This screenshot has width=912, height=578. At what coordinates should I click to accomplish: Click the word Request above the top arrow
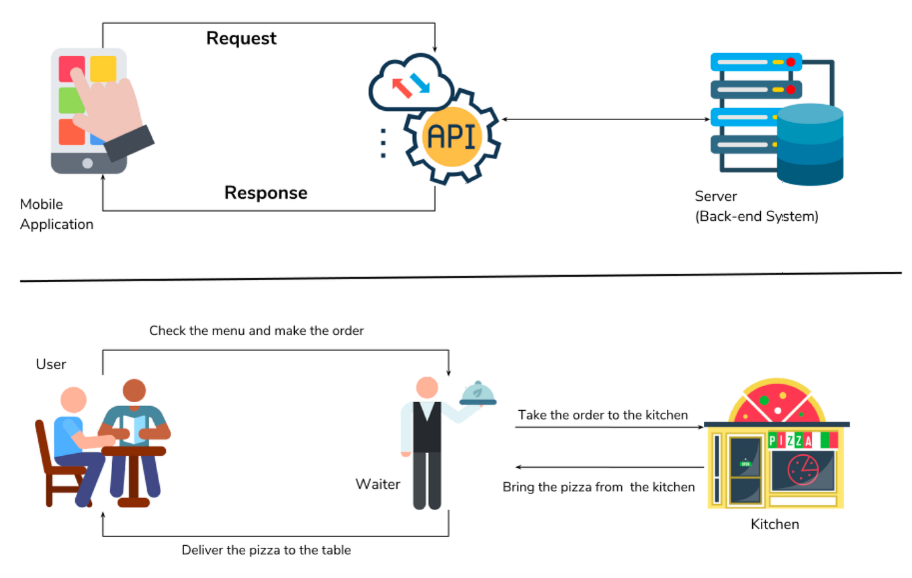point(241,38)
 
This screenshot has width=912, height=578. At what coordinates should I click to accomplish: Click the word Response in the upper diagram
point(265,193)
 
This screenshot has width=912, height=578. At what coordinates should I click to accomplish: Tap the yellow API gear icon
point(451,137)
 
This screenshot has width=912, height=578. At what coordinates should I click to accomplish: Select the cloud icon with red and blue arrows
point(410,84)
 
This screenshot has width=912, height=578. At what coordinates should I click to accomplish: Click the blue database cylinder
point(810,144)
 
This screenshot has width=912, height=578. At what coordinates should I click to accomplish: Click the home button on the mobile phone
point(87,163)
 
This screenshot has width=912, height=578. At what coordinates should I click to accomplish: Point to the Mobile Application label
point(56,214)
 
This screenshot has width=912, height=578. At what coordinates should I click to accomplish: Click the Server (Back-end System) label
point(756,207)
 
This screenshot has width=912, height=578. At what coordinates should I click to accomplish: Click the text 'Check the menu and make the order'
point(256,331)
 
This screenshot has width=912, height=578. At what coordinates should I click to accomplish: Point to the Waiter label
point(377,484)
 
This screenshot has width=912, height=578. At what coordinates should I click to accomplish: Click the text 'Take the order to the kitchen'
point(602,415)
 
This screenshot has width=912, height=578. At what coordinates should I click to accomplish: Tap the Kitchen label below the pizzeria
point(775,524)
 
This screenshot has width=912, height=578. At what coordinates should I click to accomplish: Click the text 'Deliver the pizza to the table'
point(266,550)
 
